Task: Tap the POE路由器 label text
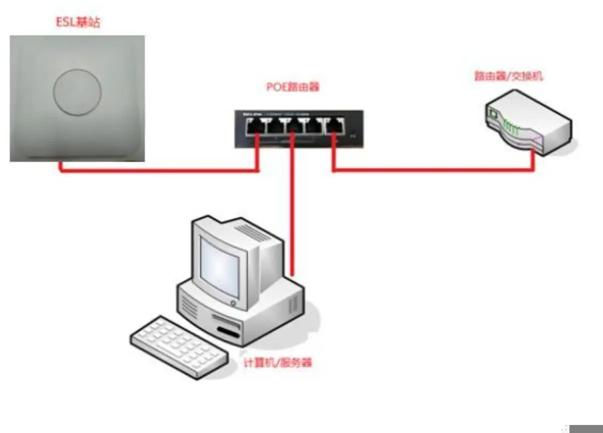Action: tap(292, 87)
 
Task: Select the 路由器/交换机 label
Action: tap(509, 77)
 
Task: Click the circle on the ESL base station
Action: tap(78, 91)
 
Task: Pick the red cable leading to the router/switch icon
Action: tap(431, 170)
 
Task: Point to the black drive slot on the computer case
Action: tap(228, 332)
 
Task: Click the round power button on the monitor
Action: tap(233, 303)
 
